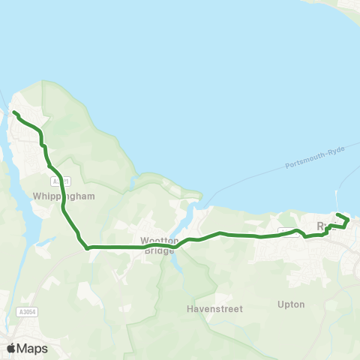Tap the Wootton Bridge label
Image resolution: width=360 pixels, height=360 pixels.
tap(158, 246)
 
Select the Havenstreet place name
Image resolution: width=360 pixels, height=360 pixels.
tap(211, 308)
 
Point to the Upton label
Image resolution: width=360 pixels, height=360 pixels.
tap(290, 304)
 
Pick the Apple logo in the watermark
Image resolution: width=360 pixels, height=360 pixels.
tap(10, 348)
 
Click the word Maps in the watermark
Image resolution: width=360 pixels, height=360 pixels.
tap(31, 348)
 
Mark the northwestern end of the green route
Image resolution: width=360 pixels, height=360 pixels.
tap(14, 112)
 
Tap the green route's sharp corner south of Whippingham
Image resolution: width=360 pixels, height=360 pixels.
tap(88, 246)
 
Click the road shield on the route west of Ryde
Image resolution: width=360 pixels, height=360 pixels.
tap(287, 230)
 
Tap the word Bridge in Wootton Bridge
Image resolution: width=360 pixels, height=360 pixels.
tap(158, 251)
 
